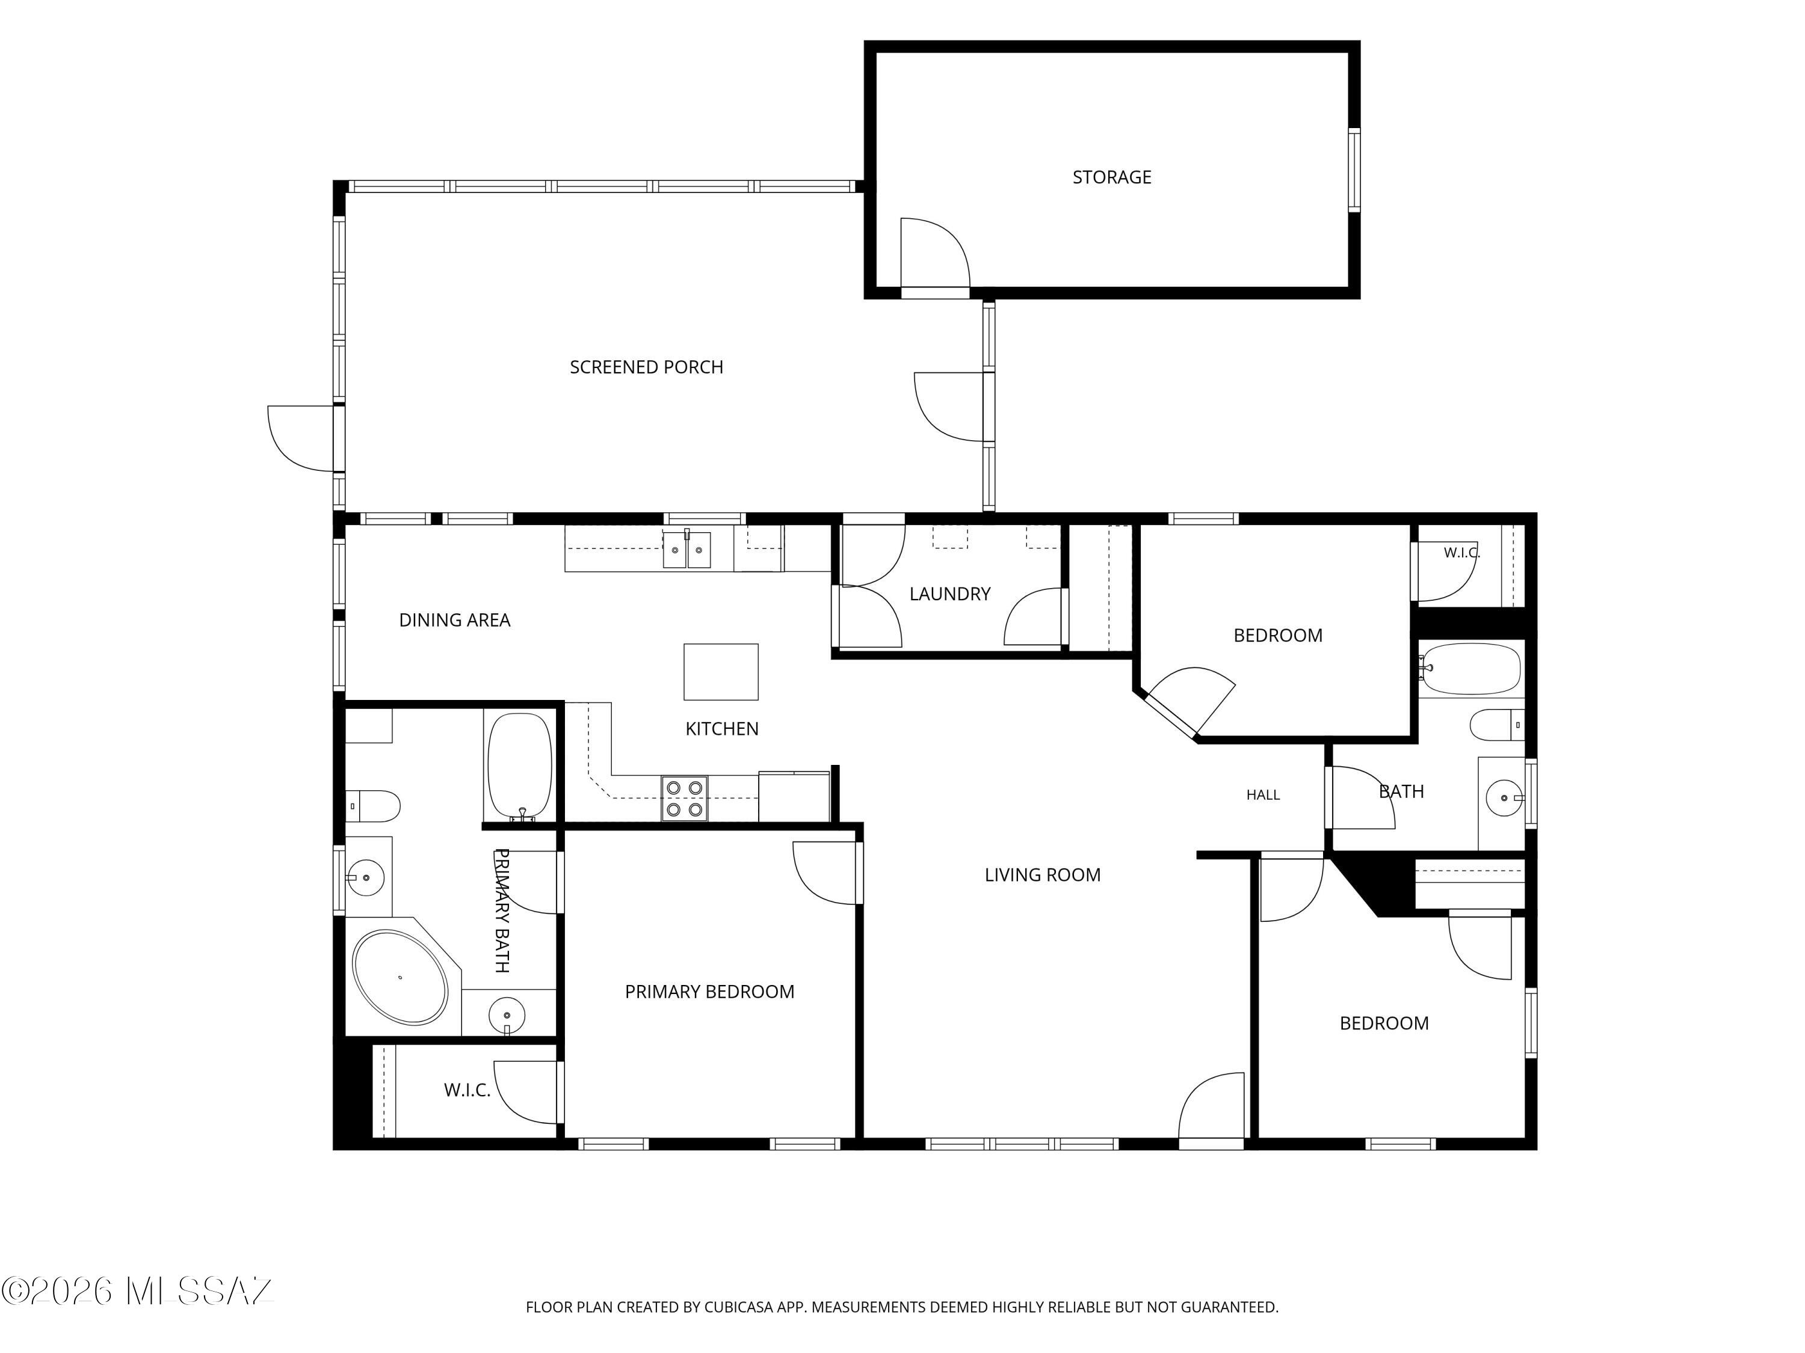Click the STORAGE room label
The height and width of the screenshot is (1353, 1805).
1111,177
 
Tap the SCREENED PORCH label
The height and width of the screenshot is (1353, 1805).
646,367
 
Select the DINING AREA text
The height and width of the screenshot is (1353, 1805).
454,620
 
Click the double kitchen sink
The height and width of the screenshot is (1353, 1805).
687,550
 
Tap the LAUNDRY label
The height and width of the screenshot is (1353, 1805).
950,594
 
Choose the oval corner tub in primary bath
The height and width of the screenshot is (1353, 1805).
400,976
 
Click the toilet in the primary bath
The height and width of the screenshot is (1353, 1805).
373,806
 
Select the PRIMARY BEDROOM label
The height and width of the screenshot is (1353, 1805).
709,992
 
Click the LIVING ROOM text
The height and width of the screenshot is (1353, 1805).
1042,875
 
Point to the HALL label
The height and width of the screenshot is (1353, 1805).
1263,795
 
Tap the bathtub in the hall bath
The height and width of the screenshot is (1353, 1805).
1470,669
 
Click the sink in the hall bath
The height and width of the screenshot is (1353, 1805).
1504,797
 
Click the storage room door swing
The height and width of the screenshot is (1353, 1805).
935,253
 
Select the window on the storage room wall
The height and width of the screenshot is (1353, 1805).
1354,170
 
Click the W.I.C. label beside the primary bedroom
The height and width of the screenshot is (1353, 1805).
467,1090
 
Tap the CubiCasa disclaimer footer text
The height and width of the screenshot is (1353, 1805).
902,1307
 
